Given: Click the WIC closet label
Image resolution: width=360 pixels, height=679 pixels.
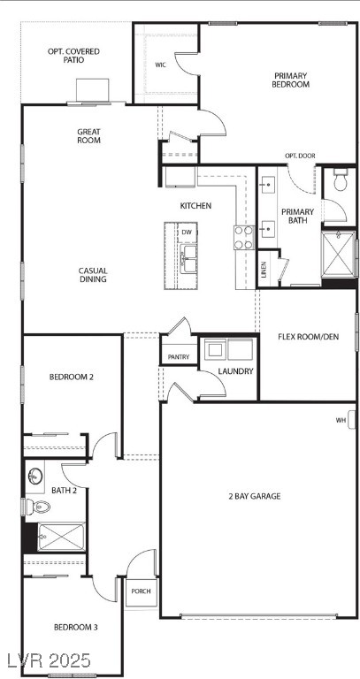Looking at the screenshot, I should point(161,65).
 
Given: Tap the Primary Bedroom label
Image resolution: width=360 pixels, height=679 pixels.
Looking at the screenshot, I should point(291,80).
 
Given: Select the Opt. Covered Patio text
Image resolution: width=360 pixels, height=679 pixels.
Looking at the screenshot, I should point(73,57).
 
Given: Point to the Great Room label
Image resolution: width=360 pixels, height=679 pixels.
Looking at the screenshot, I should point(88,136).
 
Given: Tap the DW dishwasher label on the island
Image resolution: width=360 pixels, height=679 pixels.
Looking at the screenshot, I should point(186,233).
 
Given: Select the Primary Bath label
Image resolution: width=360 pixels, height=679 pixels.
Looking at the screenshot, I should point(297,217).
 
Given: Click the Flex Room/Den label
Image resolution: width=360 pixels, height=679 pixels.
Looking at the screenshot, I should point(308,337).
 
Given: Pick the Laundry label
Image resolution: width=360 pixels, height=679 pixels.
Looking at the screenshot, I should point(236,371).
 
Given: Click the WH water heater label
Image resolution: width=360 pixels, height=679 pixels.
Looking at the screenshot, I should point(341,420).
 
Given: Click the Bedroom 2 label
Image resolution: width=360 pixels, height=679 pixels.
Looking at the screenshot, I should point(72,377).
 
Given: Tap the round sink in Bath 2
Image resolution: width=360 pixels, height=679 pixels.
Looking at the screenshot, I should point(35,476).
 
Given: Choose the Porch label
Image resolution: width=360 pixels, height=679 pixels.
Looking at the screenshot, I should point(140,591).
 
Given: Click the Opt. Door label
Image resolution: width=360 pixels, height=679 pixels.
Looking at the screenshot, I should point(300,156).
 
